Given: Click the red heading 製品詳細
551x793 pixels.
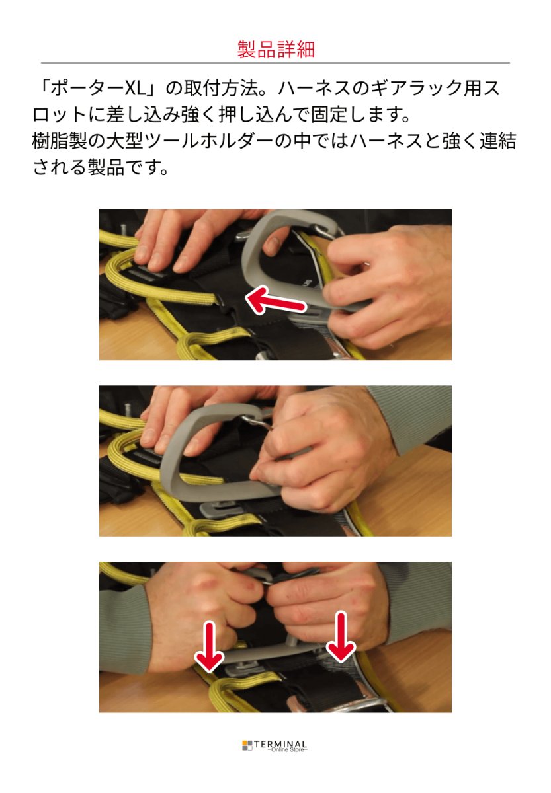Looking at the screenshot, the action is point(276,49).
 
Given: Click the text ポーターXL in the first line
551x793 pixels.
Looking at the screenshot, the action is point(98,89).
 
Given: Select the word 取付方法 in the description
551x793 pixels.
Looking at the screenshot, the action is point(220,89).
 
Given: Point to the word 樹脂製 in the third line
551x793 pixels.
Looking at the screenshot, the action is point(60,141).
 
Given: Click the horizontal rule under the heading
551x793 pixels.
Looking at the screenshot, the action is point(275,63).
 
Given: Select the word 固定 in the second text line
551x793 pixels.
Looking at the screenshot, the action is point(329,115).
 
